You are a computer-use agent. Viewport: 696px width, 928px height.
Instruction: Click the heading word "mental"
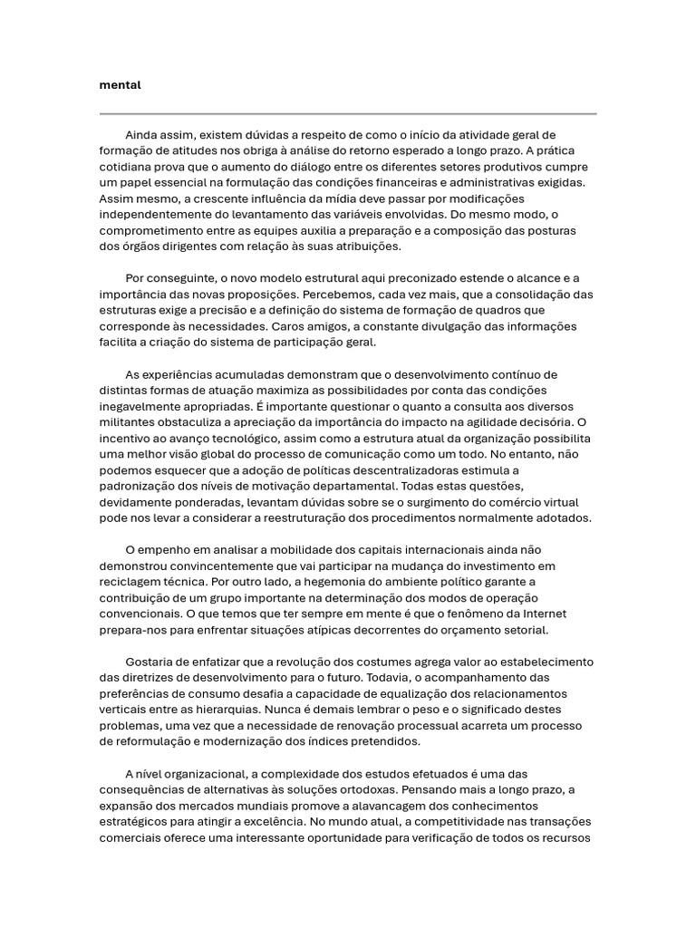121,85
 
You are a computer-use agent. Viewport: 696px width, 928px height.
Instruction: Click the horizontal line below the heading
348,114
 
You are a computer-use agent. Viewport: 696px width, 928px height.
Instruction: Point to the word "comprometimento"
147,230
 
